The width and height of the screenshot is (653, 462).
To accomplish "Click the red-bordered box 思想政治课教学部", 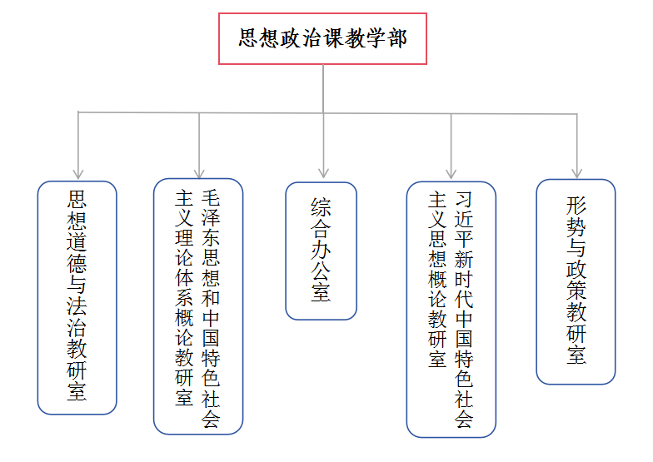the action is [323, 38].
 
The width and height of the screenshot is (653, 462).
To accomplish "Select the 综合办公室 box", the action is [322, 251].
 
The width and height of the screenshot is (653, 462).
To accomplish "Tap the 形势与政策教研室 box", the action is [576, 281].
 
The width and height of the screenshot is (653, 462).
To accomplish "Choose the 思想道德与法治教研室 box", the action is [77, 298].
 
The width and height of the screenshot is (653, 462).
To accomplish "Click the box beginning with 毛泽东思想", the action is [198, 306].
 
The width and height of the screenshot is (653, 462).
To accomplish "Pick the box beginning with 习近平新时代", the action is [451, 310].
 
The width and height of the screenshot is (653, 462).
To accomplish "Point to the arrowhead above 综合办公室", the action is [323, 173].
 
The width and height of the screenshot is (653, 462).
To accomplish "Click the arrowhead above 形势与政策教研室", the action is [576, 173].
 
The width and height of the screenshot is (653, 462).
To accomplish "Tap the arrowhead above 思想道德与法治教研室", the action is [78, 173].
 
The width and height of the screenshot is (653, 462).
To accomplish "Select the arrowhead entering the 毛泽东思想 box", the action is [199, 173].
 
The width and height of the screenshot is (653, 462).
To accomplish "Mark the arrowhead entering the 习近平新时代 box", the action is [451, 173].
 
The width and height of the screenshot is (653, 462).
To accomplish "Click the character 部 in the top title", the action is [397, 38].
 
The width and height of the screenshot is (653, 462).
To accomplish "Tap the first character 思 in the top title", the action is [248, 38].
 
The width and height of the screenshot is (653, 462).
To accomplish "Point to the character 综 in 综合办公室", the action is [321, 206].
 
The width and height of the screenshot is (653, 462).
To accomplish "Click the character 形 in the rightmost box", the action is [576, 205].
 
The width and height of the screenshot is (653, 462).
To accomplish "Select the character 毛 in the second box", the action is [211, 198].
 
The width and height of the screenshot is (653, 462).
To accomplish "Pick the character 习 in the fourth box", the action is [464, 200].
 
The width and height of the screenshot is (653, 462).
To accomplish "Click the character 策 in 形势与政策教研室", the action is [576, 290].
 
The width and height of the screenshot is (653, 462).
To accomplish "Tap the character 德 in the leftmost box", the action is [77, 263].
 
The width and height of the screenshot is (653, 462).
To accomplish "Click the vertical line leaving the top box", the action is [323, 88].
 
